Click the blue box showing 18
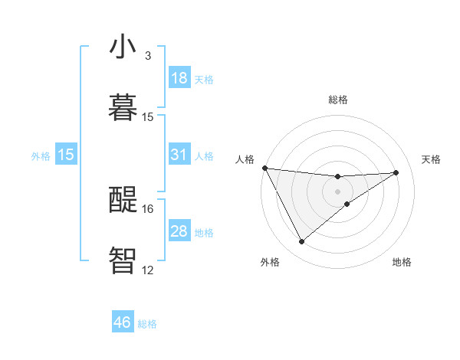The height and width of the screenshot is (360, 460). tap(179, 78)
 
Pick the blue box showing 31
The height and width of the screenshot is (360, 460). tap(179, 155)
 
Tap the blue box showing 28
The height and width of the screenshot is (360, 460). tap(179, 231)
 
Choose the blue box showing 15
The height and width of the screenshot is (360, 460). tap(66, 155)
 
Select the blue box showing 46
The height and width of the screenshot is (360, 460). tap(123, 322)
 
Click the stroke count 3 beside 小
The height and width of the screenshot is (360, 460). tap(147, 56)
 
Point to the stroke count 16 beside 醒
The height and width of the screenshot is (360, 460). tap(148, 208)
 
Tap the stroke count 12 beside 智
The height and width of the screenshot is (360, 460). tap(148, 270)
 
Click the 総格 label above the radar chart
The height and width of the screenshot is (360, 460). tap(338, 100)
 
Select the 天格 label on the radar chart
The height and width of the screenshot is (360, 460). tap(431, 159)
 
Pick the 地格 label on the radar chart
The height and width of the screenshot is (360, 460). tap(402, 262)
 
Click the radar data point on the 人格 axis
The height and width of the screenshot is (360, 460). tap(264, 168)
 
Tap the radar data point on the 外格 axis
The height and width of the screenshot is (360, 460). tap(301, 242)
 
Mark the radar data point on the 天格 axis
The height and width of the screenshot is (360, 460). tap(396, 172)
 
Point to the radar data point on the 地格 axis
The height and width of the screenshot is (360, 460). tap(347, 204)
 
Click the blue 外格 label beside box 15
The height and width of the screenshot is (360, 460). tap(41, 155)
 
